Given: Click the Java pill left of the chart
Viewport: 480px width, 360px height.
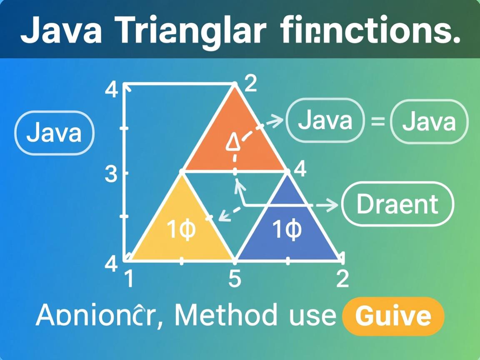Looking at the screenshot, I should pyautogui.click(x=54, y=133).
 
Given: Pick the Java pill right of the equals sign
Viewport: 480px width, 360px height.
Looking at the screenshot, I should pyautogui.click(x=429, y=122).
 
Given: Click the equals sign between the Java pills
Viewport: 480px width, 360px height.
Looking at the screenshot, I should pyautogui.click(x=377, y=122).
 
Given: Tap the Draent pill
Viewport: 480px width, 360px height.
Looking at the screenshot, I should pyautogui.click(x=397, y=204).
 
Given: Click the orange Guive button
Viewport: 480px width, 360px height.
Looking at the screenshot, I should pyautogui.click(x=393, y=316).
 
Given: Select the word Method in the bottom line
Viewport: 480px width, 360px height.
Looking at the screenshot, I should pyautogui.click(x=225, y=315).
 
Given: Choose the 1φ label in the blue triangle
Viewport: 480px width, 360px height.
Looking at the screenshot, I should pyautogui.click(x=287, y=230).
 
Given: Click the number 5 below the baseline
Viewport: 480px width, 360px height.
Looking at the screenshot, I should pyautogui.click(x=235, y=279).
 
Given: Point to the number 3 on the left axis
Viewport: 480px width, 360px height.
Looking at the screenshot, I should pyautogui.click(x=111, y=174).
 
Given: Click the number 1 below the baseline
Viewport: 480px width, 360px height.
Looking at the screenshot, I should pyautogui.click(x=129, y=279).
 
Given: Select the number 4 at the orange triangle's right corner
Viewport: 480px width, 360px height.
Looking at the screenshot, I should pyautogui.click(x=300, y=170).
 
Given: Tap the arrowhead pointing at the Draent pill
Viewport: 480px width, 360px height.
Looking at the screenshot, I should pyautogui.click(x=332, y=204).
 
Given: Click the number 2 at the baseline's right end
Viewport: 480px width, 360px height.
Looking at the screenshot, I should pyautogui.click(x=342, y=279).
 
